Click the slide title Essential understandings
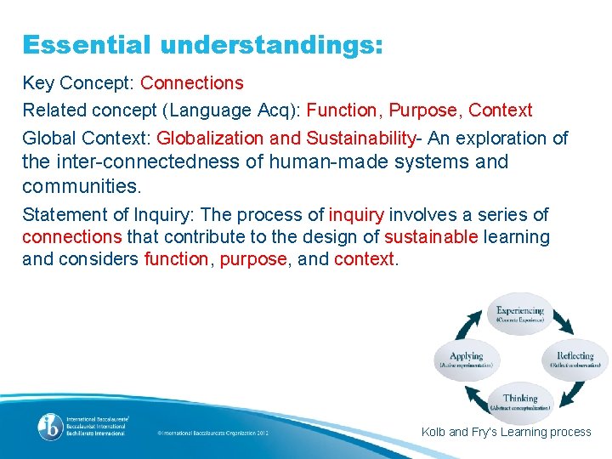click(x=202, y=44)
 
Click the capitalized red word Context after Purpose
click(x=501, y=110)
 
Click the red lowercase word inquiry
click(x=356, y=214)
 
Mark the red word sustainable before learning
click(x=431, y=236)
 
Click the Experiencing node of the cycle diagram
click(x=519, y=314)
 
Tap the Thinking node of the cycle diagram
click(x=519, y=402)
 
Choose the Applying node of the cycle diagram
click(x=465, y=360)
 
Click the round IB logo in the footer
click(x=48, y=426)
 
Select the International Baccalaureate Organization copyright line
click(x=212, y=433)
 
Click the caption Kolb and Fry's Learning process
click(x=506, y=432)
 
